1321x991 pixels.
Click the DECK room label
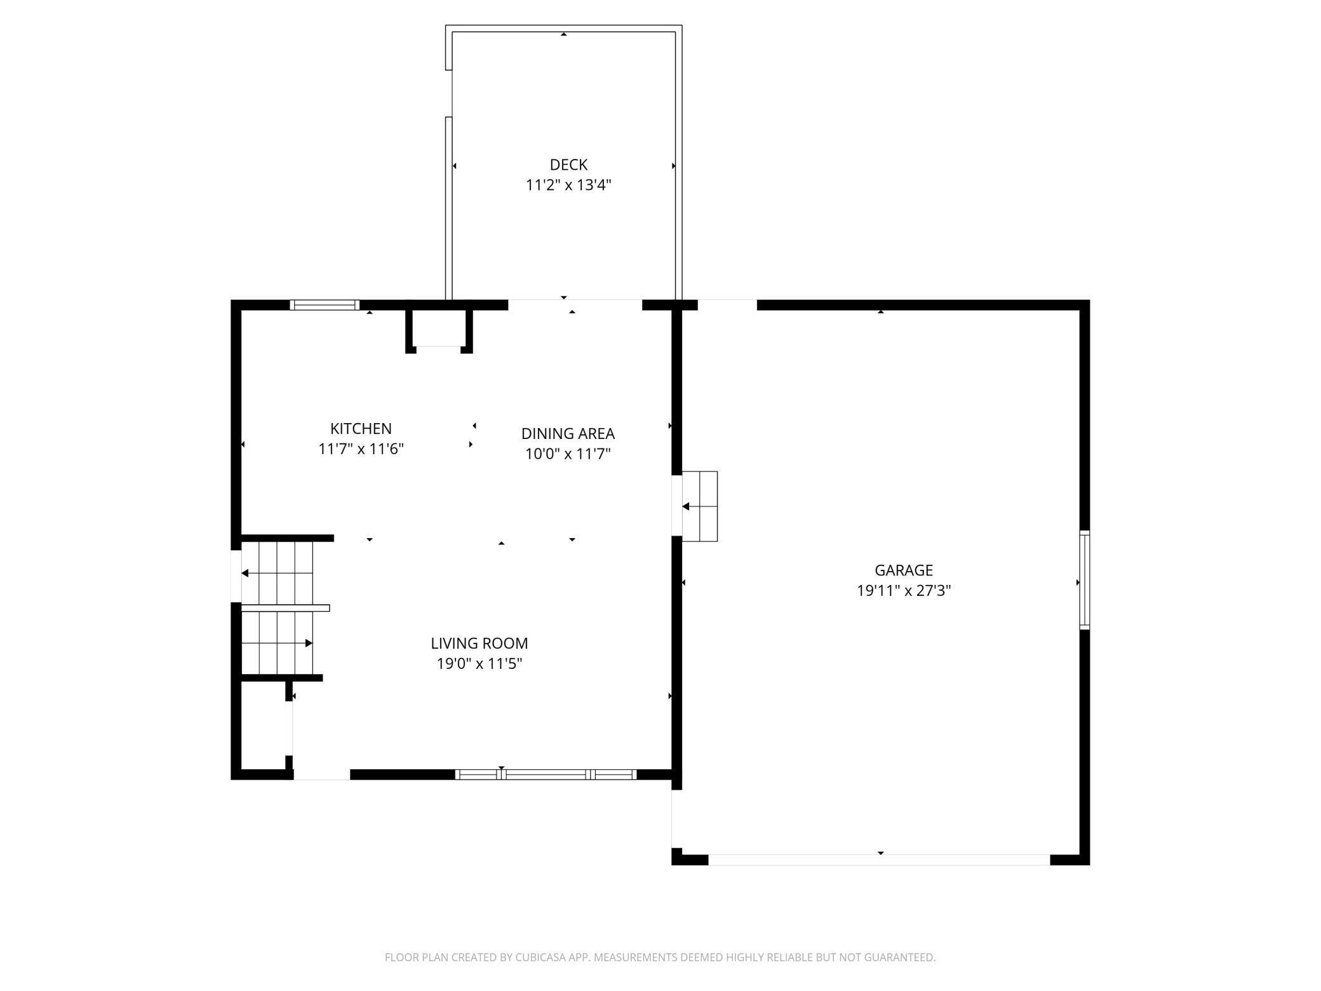click(568, 165)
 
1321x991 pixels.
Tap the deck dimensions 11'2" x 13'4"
click(568, 185)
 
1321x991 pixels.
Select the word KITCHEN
click(361, 428)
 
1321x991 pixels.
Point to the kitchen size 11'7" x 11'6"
click(361, 448)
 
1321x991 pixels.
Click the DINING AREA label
click(568, 433)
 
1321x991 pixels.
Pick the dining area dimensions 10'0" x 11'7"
click(568, 454)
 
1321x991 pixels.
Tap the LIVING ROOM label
click(479, 643)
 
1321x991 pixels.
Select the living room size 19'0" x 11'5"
click(479, 663)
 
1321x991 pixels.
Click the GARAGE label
click(904, 570)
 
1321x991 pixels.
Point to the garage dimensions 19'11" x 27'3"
click(904, 590)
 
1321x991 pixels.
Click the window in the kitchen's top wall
click(325, 305)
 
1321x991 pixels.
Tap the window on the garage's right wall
click(1085, 580)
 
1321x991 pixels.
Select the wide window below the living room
click(546, 774)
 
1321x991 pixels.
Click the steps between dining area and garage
click(700, 506)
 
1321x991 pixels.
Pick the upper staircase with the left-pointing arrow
click(278, 573)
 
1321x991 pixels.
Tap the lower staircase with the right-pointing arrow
click(278, 643)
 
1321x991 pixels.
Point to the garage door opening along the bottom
click(879, 860)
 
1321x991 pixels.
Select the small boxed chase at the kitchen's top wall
click(439, 329)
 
